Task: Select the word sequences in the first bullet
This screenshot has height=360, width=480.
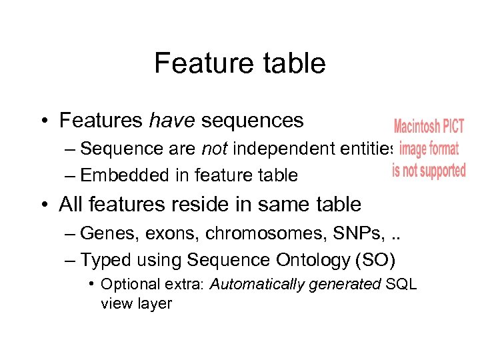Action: pyautogui.click(x=252, y=121)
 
